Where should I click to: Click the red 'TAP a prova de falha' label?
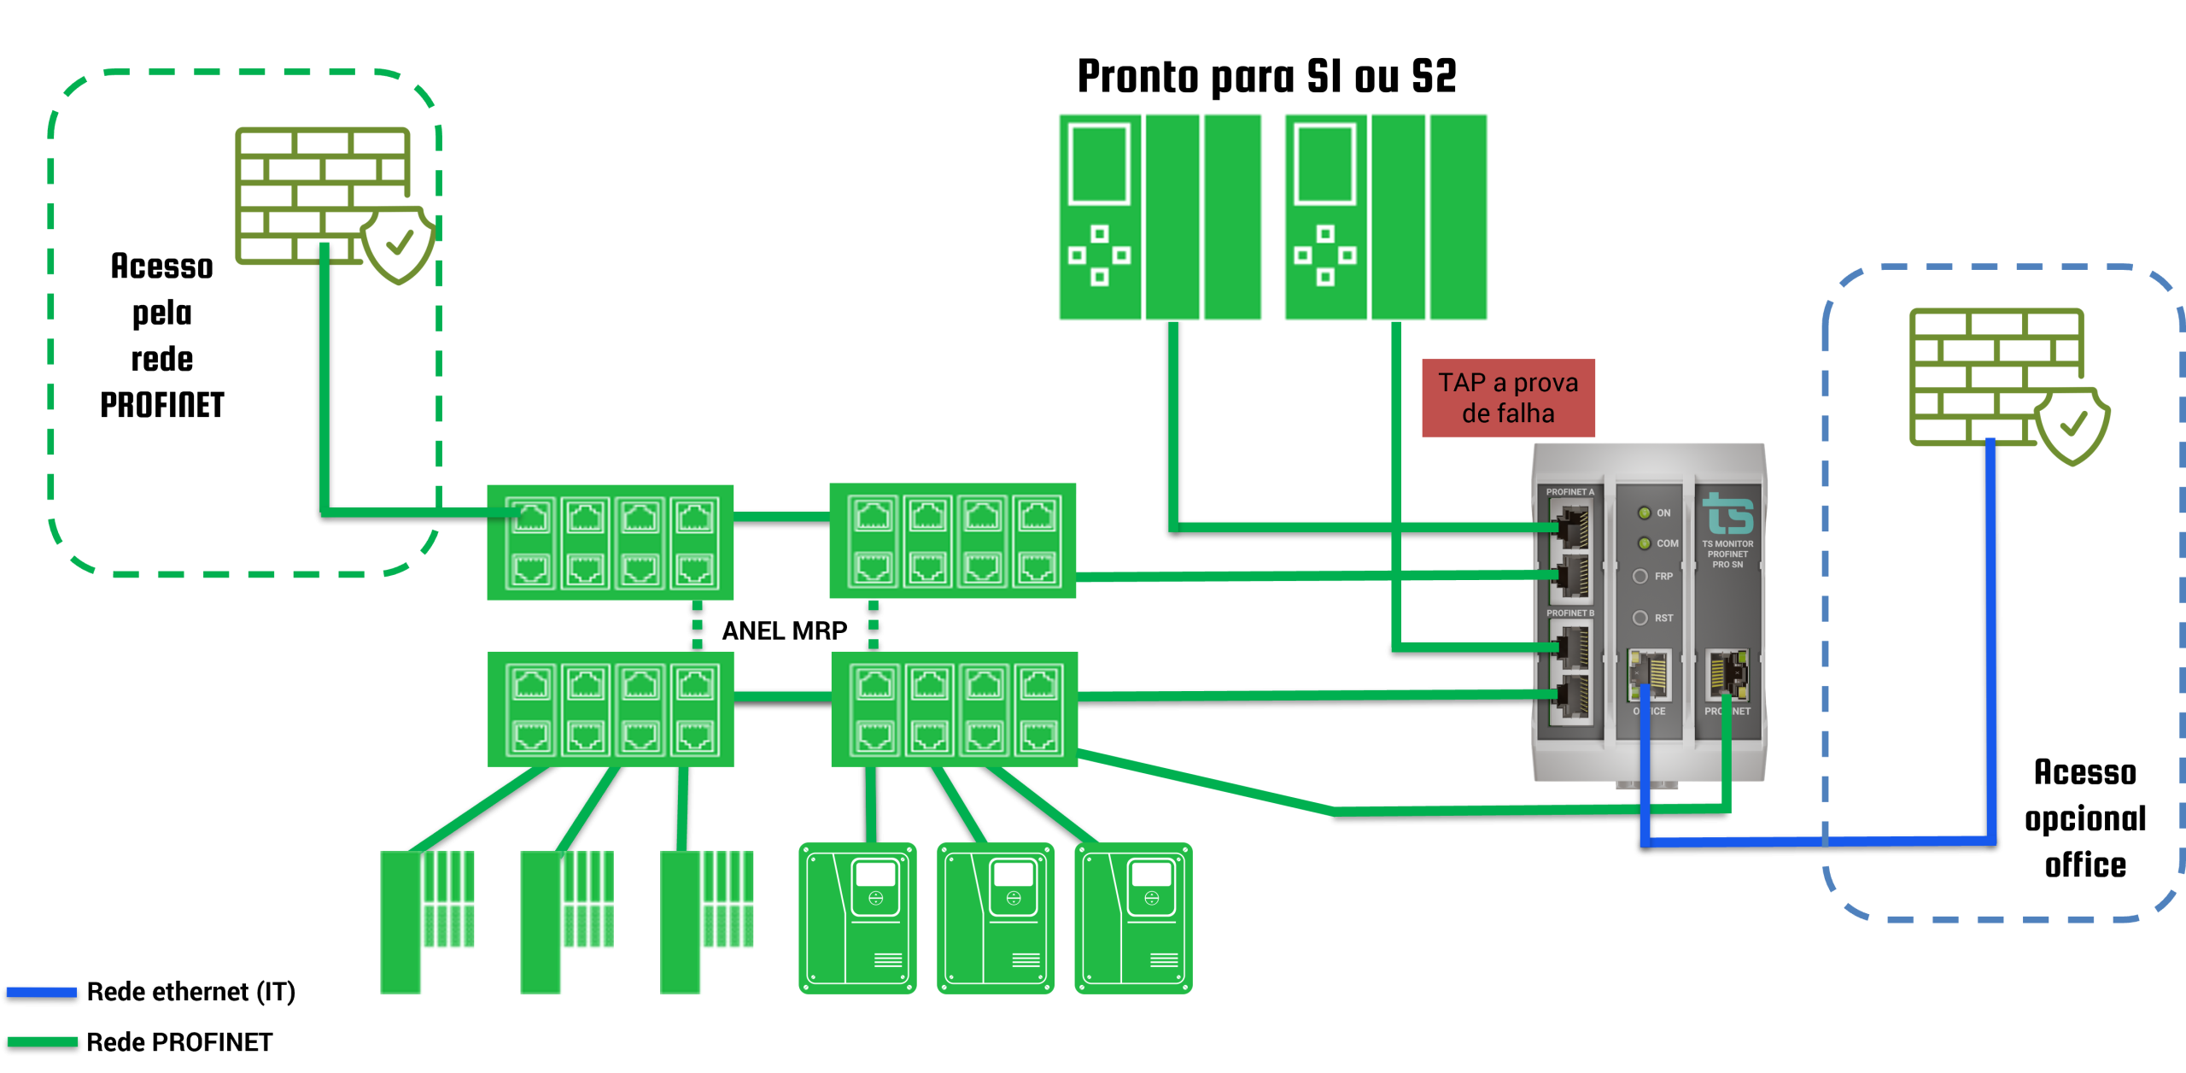1508,398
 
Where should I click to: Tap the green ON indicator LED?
1644,513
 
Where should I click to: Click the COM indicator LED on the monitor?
1644,543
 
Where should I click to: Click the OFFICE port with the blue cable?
1649,674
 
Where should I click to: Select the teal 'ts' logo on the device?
1727,513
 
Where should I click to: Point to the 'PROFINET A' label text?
1569,492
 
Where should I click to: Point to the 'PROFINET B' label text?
1569,613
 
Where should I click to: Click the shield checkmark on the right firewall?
2072,425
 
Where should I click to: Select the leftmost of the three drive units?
857,918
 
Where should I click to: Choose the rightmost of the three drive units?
1133,918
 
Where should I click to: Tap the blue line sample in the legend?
42,992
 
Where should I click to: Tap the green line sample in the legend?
42,1041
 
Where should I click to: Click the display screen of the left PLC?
1099,164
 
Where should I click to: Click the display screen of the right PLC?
1324,164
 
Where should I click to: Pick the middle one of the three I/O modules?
566,921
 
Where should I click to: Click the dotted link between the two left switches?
697,625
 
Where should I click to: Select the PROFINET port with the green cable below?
1727,674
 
